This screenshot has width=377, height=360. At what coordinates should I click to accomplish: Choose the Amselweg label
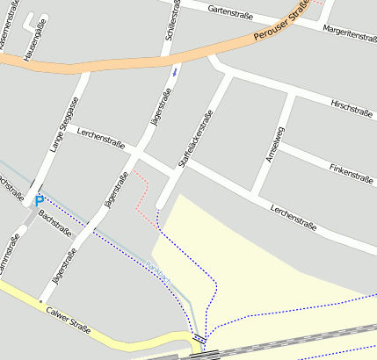tap(275, 145)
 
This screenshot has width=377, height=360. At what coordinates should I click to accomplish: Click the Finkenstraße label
tap(351, 171)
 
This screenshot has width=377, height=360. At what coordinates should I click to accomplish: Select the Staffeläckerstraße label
tap(195, 137)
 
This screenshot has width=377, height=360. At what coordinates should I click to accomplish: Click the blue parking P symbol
tap(39, 201)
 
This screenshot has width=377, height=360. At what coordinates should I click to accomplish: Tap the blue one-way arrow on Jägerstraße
tap(174, 71)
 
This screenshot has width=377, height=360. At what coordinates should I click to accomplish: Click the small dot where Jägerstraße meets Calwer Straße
tap(40, 301)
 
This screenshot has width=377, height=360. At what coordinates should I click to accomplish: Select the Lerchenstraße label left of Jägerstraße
tap(101, 137)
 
